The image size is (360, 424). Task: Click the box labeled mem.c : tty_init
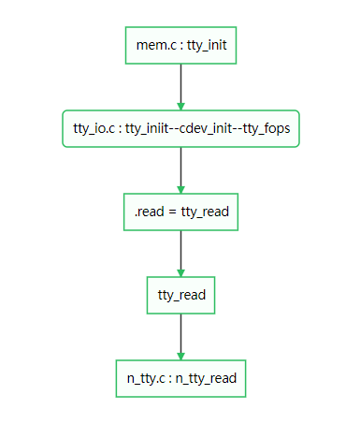180,44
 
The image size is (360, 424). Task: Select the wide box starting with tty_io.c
180,128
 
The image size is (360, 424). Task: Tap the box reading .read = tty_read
180,212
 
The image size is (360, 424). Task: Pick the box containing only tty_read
180,295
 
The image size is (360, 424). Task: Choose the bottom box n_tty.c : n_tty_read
180,378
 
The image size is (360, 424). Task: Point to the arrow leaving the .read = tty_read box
180,254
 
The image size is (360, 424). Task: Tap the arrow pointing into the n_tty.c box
180,337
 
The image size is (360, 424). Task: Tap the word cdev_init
211,128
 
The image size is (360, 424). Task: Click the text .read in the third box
149,212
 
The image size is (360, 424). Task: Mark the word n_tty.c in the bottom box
147,378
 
